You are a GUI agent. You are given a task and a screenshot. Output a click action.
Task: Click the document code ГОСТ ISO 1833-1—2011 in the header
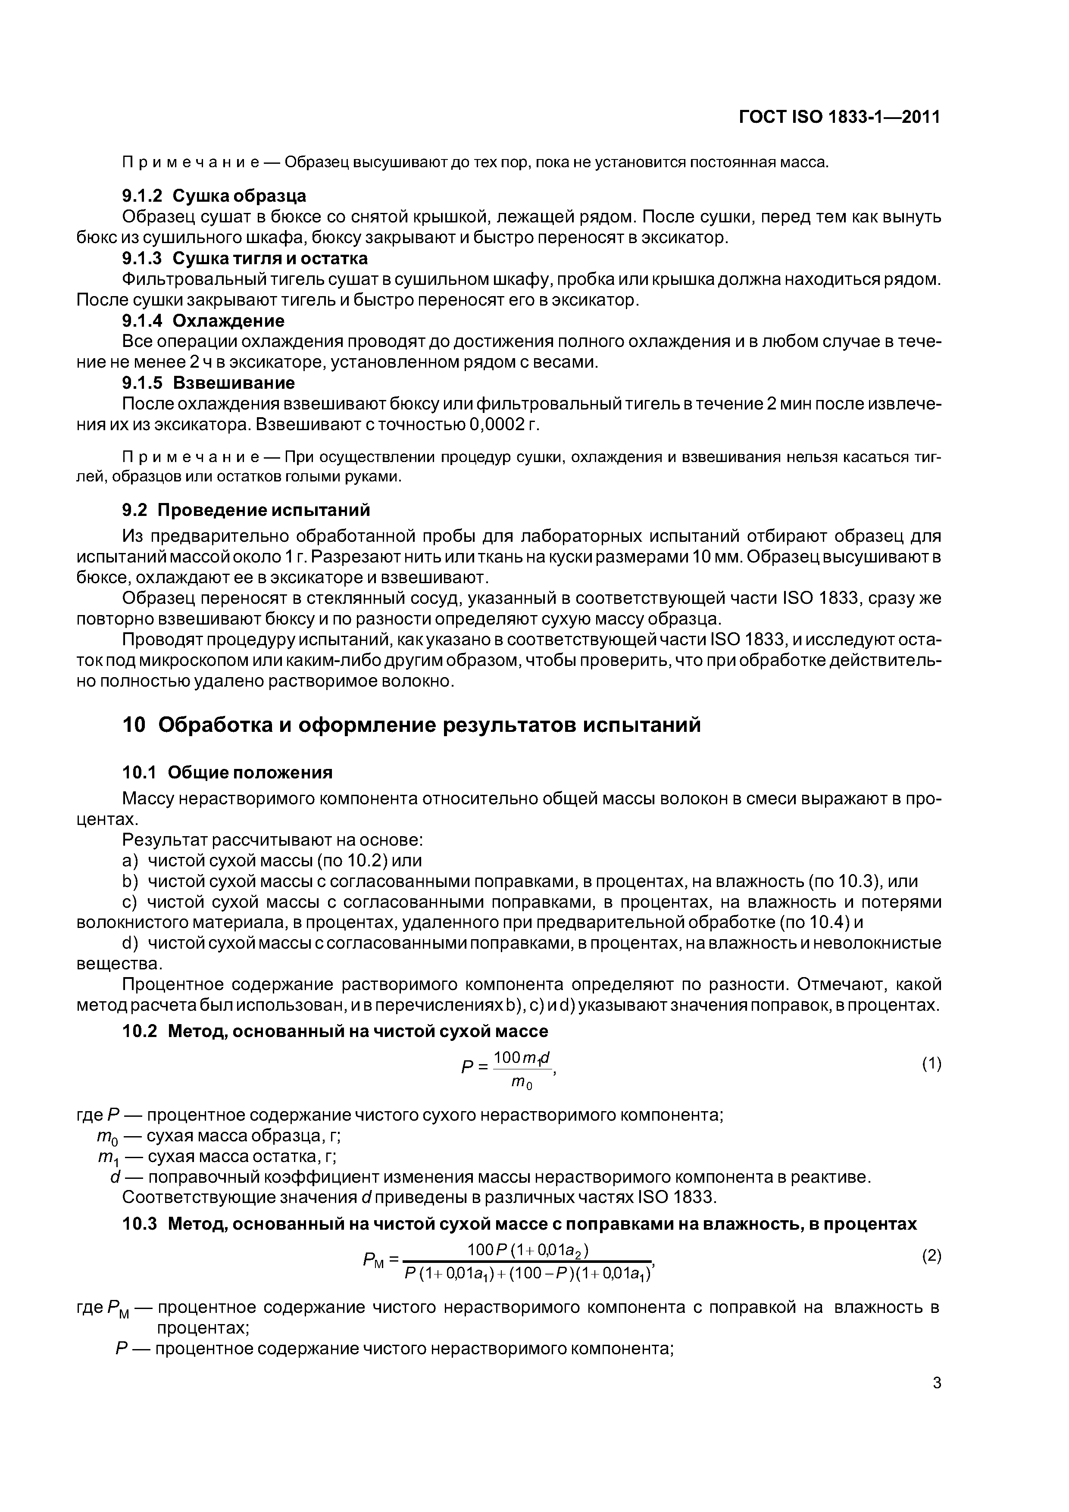click(839, 117)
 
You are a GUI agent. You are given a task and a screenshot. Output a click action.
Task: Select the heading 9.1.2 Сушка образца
click(214, 196)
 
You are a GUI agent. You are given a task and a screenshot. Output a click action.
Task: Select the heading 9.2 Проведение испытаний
click(246, 510)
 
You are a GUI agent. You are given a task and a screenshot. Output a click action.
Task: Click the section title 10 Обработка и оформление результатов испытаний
click(412, 725)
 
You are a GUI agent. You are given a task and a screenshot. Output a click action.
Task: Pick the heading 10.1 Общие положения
click(227, 772)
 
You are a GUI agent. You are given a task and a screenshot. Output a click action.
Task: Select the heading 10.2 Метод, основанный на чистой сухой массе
click(335, 1031)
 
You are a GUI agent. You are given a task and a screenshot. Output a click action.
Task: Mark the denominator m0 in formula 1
click(522, 1083)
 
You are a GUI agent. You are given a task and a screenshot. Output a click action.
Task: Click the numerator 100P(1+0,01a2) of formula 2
click(528, 1250)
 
